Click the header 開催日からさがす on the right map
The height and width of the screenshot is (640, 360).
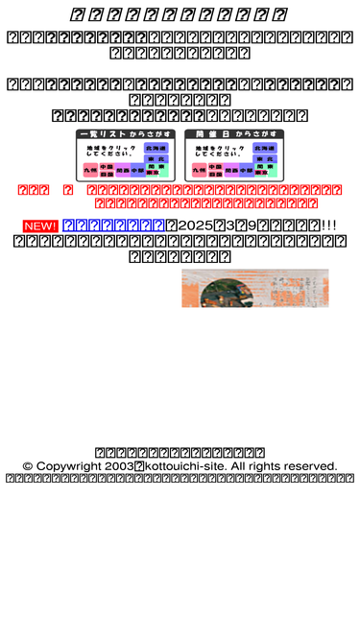pyautogui.click(x=234, y=134)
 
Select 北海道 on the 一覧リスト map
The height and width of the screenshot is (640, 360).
pyautogui.click(x=156, y=148)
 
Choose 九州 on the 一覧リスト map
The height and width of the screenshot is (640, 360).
pyautogui.click(x=90, y=170)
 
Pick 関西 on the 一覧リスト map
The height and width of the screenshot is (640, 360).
pyautogui.click(x=123, y=170)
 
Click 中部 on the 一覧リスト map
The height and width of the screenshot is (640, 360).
pyautogui.click(x=138, y=170)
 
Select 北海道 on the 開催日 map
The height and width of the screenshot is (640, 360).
pyautogui.click(x=265, y=148)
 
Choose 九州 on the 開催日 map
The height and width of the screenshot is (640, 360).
pyautogui.click(x=199, y=170)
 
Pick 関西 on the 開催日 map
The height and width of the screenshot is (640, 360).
pyautogui.click(x=231, y=170)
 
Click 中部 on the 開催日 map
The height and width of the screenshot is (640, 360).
pyautogui.click(x=247, y=170)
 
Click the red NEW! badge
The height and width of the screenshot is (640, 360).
pyautogui.click(x=40, y=225)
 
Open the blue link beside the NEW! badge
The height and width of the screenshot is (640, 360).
pyautogui.click(x=113, y=225)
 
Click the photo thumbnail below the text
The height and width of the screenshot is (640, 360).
pyautogui.click(x=254, y=288)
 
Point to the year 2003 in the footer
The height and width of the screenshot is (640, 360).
pyautogui.click(x=120, y=466)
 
